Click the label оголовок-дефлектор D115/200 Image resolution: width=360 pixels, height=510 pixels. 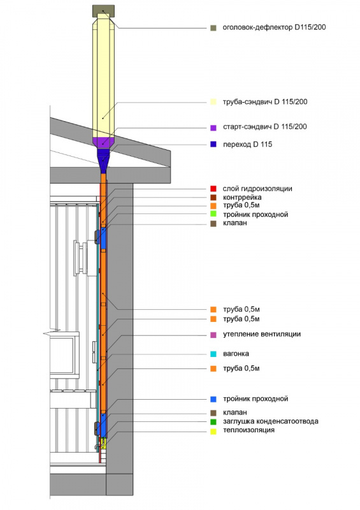click(x=274, y=27)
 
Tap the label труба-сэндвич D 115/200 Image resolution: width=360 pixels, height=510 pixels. click(x=265, y=102)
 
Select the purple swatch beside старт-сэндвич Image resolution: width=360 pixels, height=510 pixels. click(x=213, y=127)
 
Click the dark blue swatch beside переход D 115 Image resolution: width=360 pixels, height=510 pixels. click(x=213, y=144)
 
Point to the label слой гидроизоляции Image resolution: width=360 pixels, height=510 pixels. click(x=257, y=189)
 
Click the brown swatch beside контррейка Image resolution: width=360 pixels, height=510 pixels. click(x=213, y=197)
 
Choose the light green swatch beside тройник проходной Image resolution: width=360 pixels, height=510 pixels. click(x=213, y=214)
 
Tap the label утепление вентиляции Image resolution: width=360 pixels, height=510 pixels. click(x=262, y=334)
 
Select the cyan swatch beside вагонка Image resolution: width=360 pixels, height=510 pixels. click(x=213, y=354)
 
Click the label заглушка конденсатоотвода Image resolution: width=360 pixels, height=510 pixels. click(x=271, y=421)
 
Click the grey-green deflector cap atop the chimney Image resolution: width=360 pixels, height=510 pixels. click(x=103, y=11)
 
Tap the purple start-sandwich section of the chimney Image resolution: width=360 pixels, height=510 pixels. click(x=103, y=142)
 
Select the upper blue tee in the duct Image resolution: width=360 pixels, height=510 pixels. click(x=103, y=238)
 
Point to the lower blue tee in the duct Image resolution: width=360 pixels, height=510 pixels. click(x=103, y=425)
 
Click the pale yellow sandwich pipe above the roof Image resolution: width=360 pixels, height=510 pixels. click(x=103, y=78)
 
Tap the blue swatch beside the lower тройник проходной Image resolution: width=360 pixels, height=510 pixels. click(x=213, y=399)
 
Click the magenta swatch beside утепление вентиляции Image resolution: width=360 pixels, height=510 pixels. click(x=213, y=335)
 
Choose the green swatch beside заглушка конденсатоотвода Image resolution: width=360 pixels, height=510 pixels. click(x=213, y=422)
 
